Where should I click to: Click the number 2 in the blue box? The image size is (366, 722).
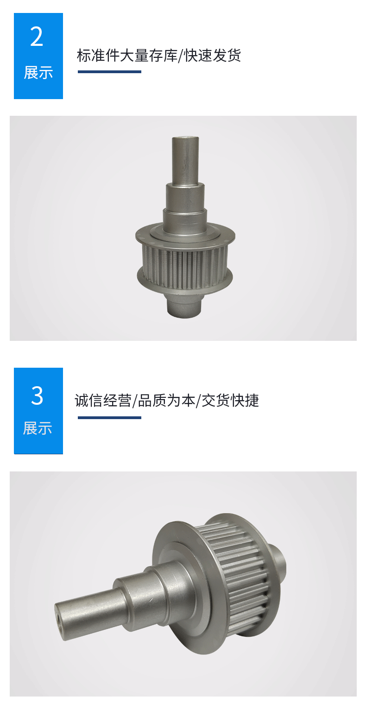coord(37,37)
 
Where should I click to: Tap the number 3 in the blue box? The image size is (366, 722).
coord(37,396)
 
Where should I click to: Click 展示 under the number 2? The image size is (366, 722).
coord(38,73)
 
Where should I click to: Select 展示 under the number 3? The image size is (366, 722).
coord(38,428)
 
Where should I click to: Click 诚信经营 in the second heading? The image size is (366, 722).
coord(103,401)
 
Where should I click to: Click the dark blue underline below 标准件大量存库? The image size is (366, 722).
coord(109,72)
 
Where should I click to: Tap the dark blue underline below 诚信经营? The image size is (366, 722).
coord(109,418)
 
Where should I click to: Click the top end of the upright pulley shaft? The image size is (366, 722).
coord(185,138)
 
